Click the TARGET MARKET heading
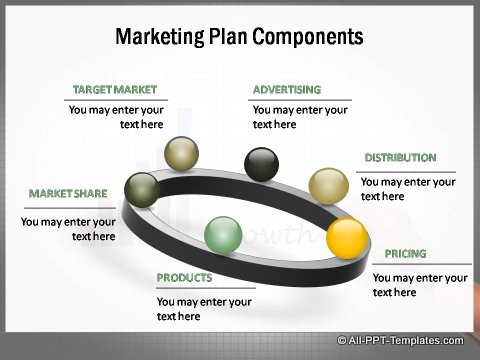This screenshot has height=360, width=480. tap(115, 90)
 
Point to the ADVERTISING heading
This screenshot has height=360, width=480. tap(287, 90)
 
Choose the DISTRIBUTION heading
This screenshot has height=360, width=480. tap(400, 158)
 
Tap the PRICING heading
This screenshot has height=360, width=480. tap(405, 254)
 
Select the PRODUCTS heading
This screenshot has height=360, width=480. tap(184, 278)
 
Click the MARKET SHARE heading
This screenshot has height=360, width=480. tap(69, 193)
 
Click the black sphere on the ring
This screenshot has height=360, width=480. tap(262, 163)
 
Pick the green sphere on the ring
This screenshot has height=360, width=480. tap(222, 235)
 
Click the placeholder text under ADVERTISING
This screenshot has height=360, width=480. tap(300, 117)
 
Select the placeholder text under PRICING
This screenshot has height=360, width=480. tap(420, 285)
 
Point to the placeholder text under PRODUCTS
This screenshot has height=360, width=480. tap(204, 308)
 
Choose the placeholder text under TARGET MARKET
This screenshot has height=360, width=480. tap(116, 117)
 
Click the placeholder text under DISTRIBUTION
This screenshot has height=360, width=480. tap(408, 189)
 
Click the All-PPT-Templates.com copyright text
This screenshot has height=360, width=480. tap(405, 341)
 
